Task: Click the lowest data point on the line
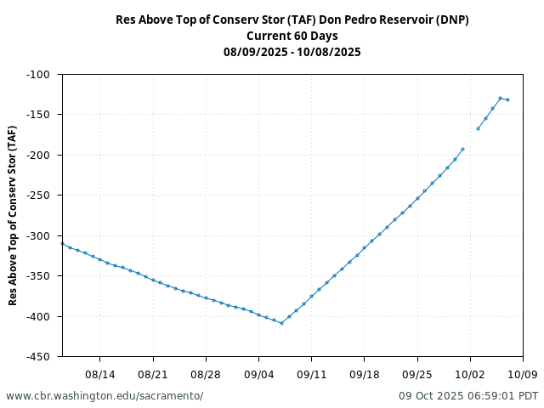tap(281, 323)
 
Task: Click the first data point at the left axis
tap(62, 244)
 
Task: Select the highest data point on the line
tap(500, 98)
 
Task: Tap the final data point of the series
tap(507, 99)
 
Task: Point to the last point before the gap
tap(462, 149)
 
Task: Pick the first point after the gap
tap(478, 128)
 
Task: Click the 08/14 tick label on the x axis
tap(99, 374)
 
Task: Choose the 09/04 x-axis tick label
tap(258, 374)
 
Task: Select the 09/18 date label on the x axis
tap(364, 374)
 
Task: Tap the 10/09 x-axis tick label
tap(523, 374)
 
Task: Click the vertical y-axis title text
tap(12, 215)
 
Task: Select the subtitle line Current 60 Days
tap(292, 36)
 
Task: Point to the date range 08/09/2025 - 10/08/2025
tap(292, 52)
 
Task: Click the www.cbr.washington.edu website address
tap(105, 396)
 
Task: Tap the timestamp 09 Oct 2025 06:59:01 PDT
tap(468, 396)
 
